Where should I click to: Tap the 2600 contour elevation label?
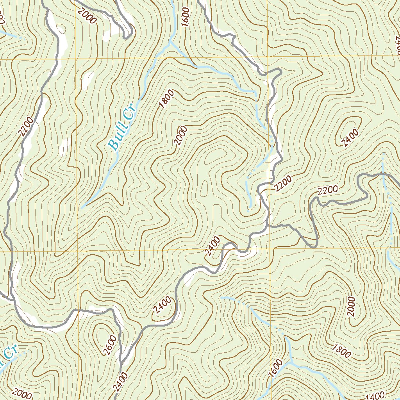[110, 345]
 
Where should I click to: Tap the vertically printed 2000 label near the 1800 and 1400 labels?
[352, 306]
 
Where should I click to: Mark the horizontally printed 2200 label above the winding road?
[327, 190]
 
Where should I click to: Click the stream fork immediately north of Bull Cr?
[171, 41]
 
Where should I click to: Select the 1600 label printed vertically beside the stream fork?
[185, 16]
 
